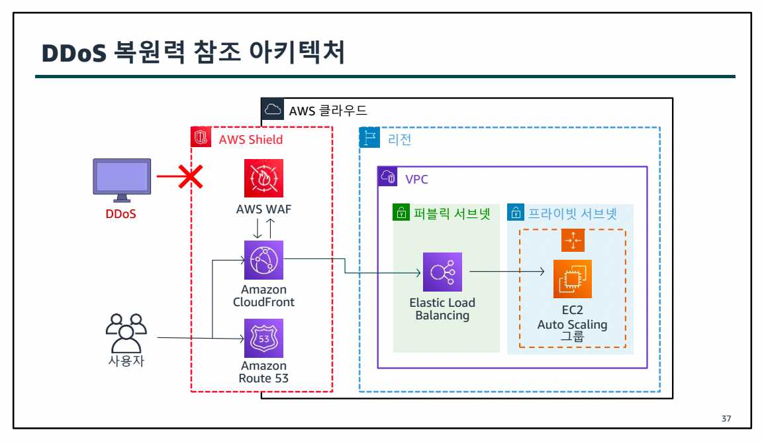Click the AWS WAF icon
pos(263,178)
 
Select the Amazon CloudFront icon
pos(263,260)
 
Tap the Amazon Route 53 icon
pos(263,338)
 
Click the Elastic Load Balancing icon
pos(442,272)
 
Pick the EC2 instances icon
pos(573,279)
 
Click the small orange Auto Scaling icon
pos(573,241)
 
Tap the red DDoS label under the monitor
pos(121,214)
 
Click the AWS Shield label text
pos(251,139)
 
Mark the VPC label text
pos(417,178)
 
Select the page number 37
pos(726,419)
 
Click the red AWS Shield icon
pos(201,139)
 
